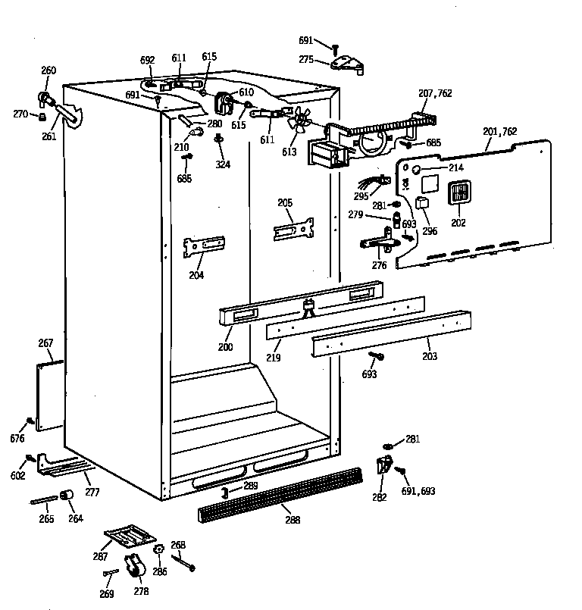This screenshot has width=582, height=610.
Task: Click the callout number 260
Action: (48, 70)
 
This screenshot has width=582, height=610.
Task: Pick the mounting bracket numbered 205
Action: (294, 230)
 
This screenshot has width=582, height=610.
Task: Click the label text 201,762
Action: (500, 131)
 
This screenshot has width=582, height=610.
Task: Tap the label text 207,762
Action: (435, 94)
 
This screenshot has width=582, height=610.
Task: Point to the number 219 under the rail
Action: (273, 356)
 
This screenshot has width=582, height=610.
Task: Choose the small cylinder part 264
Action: (66, 496)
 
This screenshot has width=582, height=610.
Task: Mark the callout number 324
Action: (223, 164)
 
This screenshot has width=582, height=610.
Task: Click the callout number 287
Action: (100, 556)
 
